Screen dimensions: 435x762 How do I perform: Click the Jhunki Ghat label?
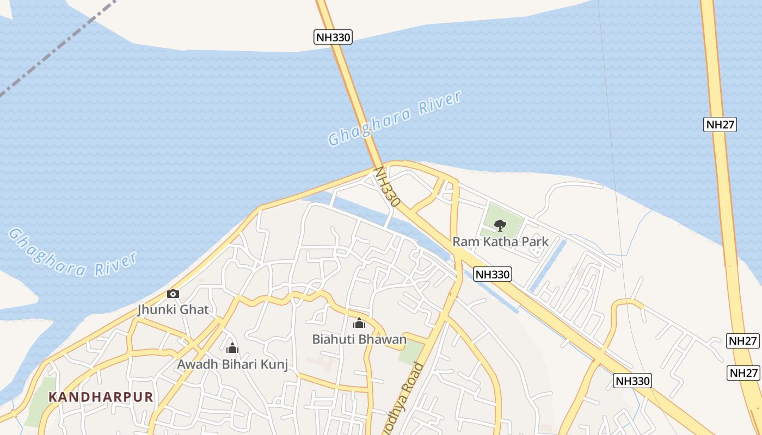173,309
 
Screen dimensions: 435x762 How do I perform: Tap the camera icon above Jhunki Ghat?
173,294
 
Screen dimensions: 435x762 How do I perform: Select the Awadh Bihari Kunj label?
232,364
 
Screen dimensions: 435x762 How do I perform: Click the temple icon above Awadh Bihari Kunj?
232,348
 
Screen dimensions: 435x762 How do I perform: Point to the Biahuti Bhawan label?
359,339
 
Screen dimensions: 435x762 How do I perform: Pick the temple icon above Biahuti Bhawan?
359,324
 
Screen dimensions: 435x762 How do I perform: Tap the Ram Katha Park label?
500,241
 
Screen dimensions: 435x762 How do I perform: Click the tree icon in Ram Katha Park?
500,225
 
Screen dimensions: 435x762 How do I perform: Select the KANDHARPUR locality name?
101,396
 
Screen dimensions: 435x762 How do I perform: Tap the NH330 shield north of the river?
333,37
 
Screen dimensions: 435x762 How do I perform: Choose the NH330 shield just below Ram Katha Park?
493,274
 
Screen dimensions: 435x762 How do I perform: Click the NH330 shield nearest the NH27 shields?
633,381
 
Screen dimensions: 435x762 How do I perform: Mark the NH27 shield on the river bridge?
720,124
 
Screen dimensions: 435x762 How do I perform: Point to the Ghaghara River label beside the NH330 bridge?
395,119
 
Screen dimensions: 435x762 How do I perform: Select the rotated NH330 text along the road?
388,187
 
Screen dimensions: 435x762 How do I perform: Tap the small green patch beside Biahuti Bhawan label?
410,353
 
